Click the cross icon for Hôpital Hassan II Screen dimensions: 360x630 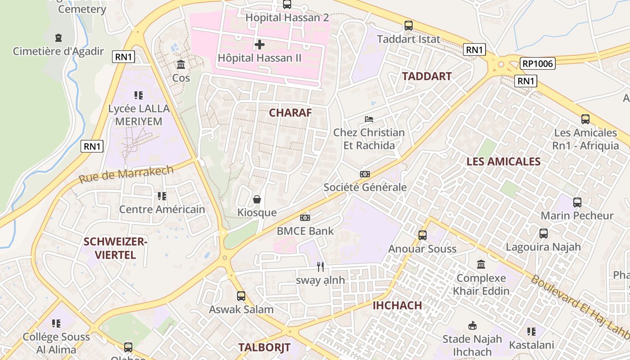pos(260,45)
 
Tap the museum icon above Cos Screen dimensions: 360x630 pos(181,64)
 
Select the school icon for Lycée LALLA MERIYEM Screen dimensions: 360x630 pos(139,95)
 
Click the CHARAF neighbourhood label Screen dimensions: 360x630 pos(290,112)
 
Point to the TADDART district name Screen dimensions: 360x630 pos(427,76)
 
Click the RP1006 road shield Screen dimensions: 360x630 pos(538,63)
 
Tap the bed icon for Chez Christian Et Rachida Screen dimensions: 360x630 pos(369,119)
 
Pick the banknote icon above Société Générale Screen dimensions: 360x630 pos(365,174)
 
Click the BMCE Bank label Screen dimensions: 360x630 pos(305,231)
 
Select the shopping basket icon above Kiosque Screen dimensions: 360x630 pos(257,199)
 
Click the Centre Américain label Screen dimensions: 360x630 pos(162,209)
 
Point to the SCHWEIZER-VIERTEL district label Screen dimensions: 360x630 pos(116,248)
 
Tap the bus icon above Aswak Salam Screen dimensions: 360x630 pos(241,296)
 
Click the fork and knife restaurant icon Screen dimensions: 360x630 pos(320,266)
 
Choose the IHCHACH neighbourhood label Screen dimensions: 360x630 pos(397,305)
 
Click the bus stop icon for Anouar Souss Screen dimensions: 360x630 pos(422,235)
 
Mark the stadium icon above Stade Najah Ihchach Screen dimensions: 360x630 pos(472,325)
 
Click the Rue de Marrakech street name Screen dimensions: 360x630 pos(126,174)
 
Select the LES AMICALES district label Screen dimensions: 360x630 pos(503,162)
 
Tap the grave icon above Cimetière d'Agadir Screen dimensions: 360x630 pos(58,37)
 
